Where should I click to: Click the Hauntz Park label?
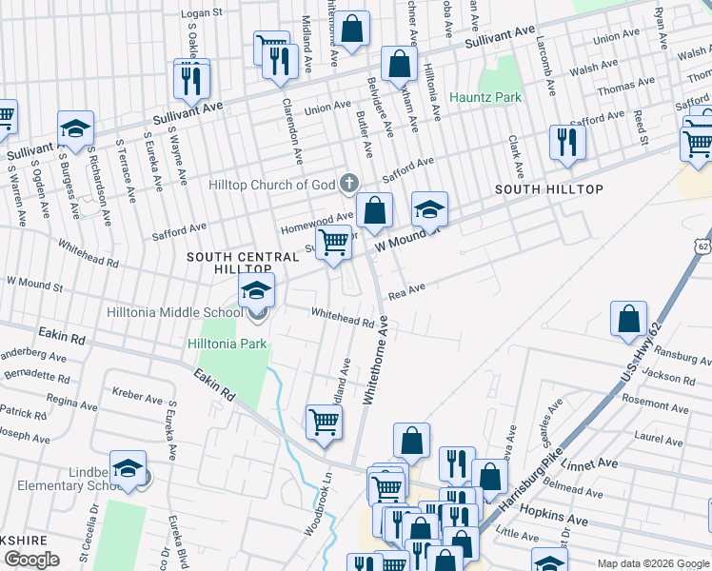(x=485, y=97)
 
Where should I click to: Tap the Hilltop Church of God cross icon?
(x=349, y=182)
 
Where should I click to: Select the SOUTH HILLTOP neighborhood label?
(x=549, y=189)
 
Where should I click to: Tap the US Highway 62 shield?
(x=702, y=245)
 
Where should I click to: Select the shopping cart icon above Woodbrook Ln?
(x=324, y=421)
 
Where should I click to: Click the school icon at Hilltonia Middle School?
(x=256, y=291)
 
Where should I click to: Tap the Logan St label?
(x=201, y=14)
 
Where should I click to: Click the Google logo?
(x=31, y=560)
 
